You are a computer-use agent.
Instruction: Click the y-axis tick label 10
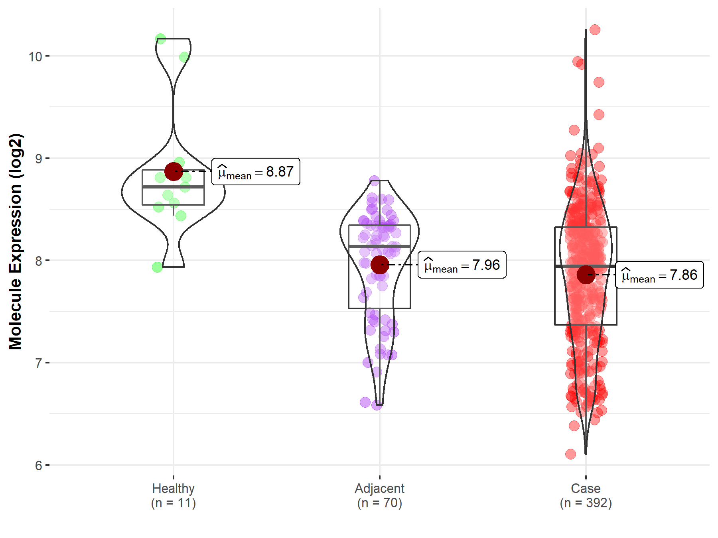tap(35, 56)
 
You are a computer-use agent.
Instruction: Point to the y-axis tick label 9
tap(38, 159)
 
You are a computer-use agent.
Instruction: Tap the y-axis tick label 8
tap(38, 261)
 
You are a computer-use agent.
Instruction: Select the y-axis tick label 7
tap(38, 363)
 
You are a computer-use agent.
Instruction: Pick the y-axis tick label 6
tap(38, 465)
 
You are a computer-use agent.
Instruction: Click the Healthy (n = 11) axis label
tap(174, 495)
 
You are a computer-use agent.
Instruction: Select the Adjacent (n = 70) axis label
tap(379, 495)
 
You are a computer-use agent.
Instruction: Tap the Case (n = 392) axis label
tap(586, 495)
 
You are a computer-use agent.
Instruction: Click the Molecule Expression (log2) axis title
tap(15, 242)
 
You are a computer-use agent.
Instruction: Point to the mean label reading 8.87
tap(256, 172)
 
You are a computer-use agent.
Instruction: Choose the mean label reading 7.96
tap(462, 265)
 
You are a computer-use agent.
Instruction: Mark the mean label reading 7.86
tap(659, 275)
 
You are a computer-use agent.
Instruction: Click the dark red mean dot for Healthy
tap(174, 171)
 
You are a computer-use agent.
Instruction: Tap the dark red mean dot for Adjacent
tap(380, 265)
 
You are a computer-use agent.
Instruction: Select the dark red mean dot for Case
tap(586, 275)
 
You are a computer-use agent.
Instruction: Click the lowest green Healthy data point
tap(157, 267)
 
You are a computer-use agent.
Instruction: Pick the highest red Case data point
tap(595, 29)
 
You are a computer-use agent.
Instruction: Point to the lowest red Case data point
tap(570, 454)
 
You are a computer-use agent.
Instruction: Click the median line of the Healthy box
tap(174, 187)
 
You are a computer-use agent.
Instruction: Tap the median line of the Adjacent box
tap(379, 246)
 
